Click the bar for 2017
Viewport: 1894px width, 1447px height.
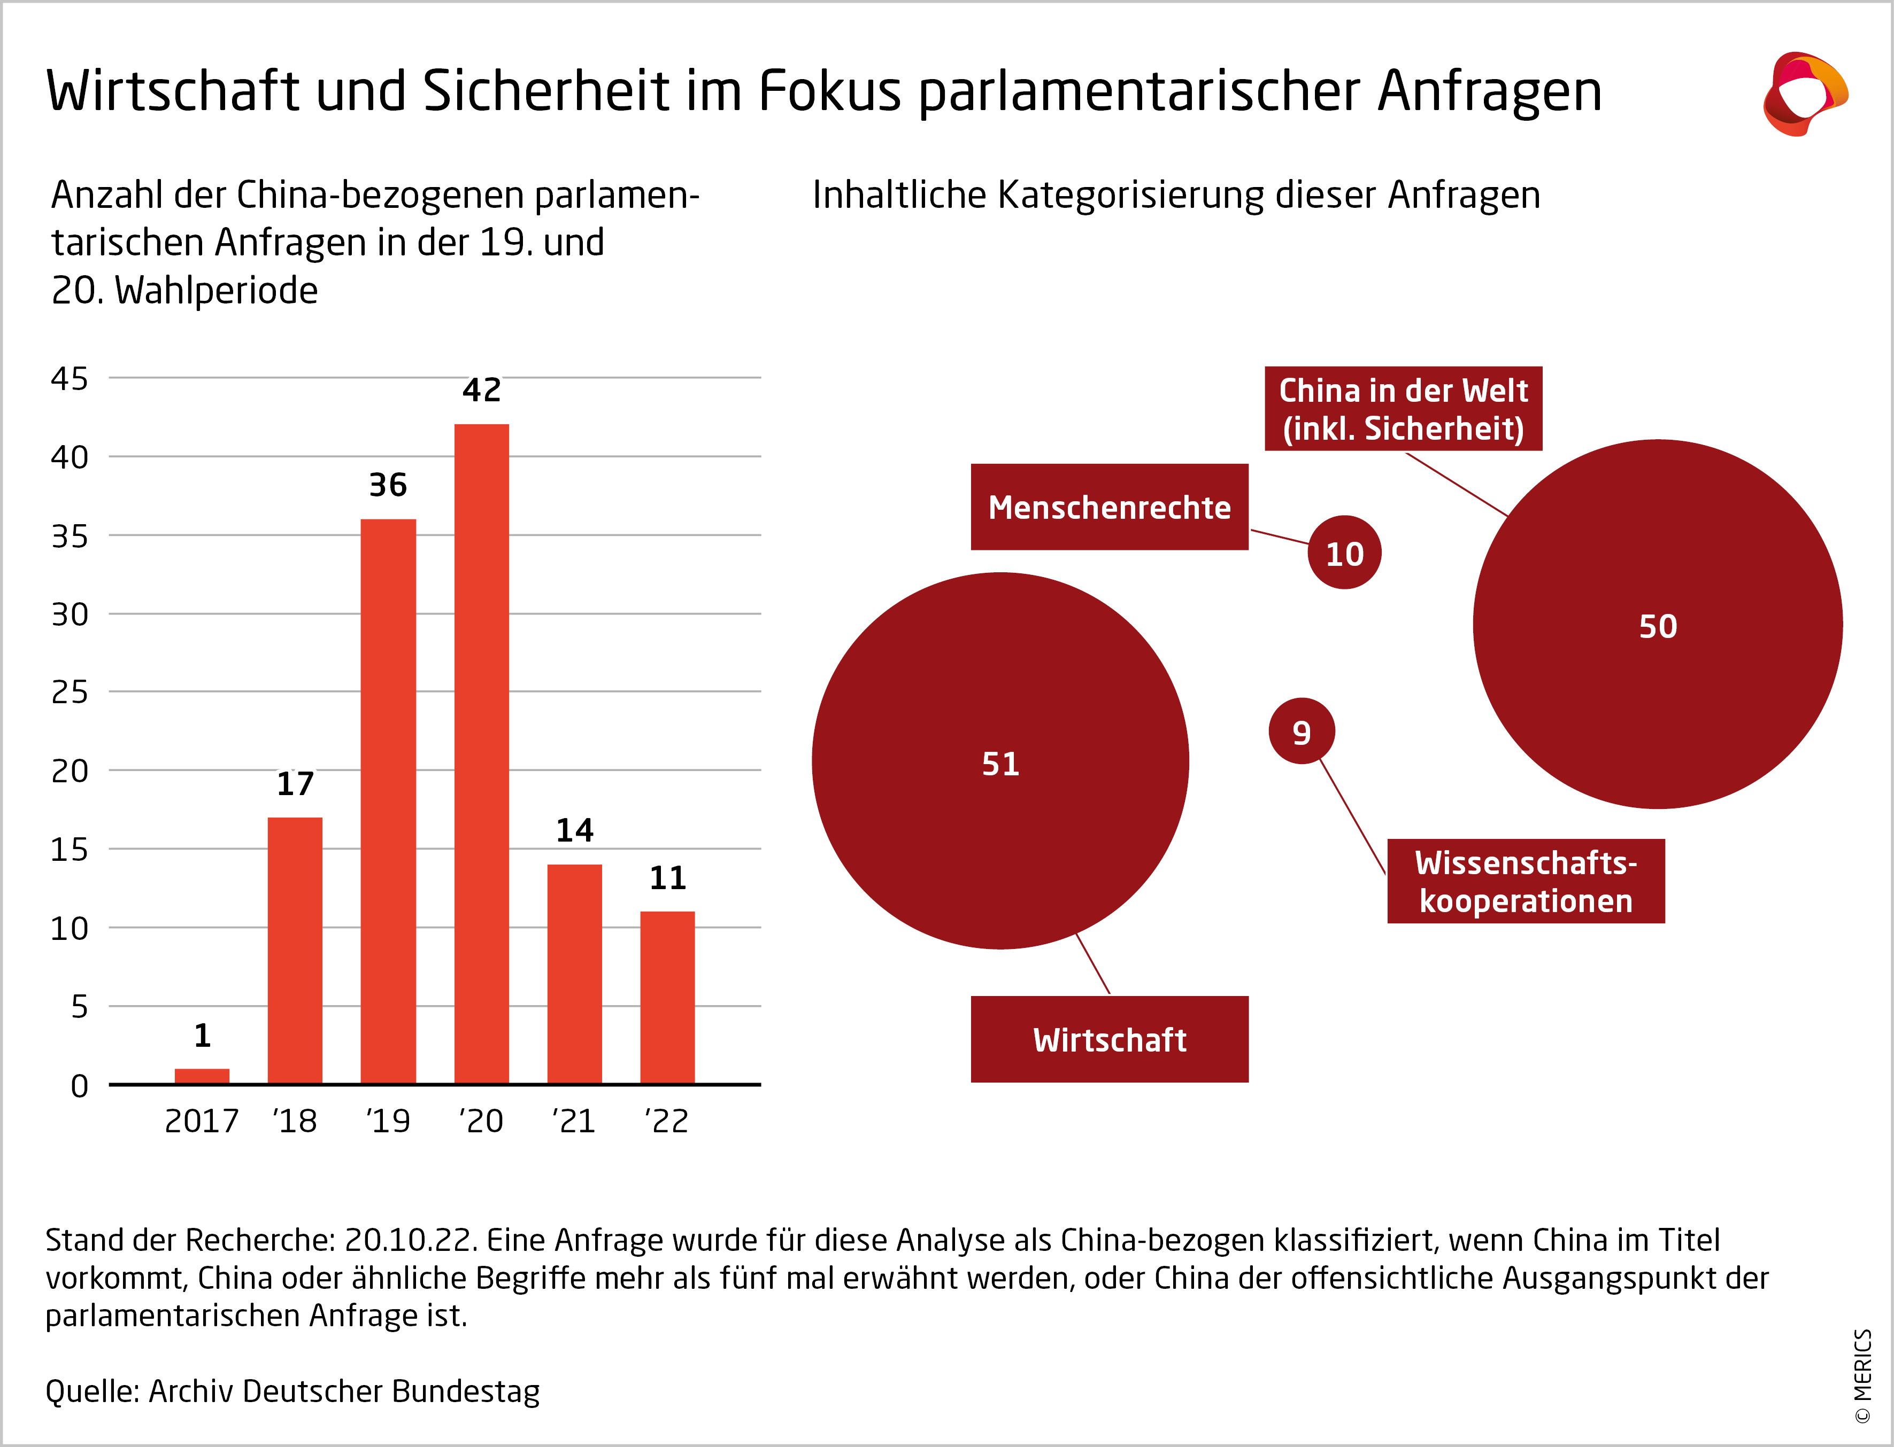202,1076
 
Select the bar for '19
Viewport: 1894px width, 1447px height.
388,801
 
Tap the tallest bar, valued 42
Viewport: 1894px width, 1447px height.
482,753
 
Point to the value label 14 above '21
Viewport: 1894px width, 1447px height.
575,830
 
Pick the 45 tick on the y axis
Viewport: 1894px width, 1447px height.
70,378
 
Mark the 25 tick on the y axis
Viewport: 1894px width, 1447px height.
70,691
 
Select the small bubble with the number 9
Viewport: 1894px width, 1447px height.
1301,732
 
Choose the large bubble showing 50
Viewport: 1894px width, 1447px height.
1657,625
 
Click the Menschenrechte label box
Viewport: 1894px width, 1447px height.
1109,507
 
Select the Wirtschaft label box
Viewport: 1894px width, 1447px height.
1109,1040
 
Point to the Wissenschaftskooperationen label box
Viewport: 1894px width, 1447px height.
1525,881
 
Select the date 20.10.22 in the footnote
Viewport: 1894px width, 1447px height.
409,1240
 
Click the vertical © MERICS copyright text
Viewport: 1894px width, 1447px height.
1863,1375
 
